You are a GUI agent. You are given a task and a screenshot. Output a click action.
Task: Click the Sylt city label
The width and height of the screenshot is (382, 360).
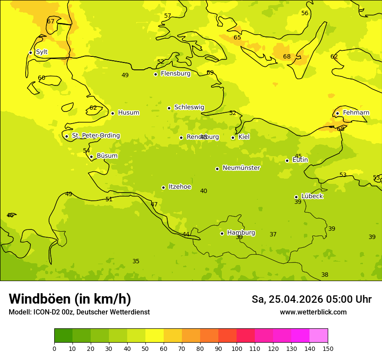click(x=42, y=52)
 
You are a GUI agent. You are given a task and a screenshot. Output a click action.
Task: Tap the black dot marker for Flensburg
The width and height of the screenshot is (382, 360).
click(x=155, y=74)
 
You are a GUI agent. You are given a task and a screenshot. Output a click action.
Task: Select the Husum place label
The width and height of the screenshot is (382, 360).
click(x=128, y=113)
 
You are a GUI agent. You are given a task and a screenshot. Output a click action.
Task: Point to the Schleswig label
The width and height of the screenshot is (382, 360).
click(x=189, y=107)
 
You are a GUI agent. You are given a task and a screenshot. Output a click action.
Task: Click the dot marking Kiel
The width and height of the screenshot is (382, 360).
click(x=233, y=137)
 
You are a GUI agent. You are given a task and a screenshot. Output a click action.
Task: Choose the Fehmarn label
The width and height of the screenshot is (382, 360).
click(x=356, y=113)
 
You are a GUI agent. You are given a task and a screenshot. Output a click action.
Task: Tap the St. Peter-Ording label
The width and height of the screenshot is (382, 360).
click(x=95, y=136)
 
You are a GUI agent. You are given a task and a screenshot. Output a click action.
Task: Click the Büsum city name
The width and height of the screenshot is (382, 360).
click(x=107, y=156)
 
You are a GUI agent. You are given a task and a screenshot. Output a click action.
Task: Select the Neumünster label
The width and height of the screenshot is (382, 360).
click(x=241, y=168)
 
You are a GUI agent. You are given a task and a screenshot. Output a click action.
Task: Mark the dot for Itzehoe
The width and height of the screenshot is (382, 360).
click(x=163, y=187)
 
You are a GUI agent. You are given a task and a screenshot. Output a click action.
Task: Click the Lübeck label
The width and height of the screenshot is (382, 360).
click(x=312, y=196)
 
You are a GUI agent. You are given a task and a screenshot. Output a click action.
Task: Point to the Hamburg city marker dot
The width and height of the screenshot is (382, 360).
click(x=222, y=233)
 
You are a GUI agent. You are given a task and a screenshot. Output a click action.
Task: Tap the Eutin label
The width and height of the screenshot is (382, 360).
click(x=300, y=160)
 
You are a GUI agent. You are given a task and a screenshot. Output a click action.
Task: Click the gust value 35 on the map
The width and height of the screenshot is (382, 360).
click(x=136, y=261)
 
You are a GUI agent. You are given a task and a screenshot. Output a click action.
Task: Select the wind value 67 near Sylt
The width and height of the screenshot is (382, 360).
click(x=51, y=21)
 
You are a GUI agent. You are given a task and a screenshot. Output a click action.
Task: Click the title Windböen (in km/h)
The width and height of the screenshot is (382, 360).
click(x=70, y=299)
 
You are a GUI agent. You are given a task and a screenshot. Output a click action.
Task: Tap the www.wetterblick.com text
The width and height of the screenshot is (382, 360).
click(x=313, y=312)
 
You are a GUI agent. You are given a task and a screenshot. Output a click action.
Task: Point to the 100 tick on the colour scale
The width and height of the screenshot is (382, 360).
click(x=237, y=348)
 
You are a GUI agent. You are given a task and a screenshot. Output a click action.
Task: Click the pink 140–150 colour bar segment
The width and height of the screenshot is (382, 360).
click(x=319, y=335)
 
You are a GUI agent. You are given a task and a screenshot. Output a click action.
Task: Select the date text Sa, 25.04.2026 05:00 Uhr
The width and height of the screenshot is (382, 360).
click(x=311, y=299)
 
